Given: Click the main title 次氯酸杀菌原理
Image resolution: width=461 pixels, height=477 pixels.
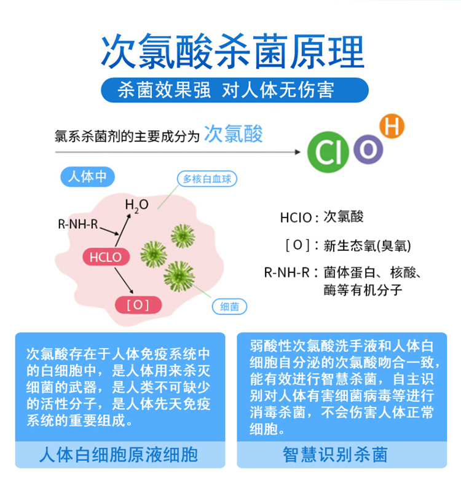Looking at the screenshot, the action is point(233,51).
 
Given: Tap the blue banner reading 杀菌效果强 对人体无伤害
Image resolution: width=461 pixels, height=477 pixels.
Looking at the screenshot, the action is point(235,90).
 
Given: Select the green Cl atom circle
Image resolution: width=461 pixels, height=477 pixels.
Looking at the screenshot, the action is point(328,152).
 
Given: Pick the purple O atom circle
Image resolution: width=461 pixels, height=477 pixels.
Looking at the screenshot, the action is point(368,149).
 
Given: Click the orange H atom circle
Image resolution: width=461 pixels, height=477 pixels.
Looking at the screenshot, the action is point(392,126).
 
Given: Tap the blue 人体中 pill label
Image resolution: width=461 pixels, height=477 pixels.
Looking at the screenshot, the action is point(87,177).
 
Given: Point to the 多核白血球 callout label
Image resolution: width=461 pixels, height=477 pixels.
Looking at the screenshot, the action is point(207,179).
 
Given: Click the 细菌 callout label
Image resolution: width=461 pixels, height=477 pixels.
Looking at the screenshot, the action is point(229,307).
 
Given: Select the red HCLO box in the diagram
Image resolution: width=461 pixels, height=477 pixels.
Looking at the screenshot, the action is point(106,257).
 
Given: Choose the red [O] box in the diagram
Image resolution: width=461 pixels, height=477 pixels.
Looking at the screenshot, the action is point(138,305).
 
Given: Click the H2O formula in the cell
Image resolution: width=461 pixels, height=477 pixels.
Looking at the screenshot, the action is point(137,205).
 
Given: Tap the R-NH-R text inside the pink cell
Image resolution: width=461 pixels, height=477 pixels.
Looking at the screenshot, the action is point(78,224).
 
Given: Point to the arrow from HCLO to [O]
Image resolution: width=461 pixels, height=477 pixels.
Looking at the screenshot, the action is point(124,280).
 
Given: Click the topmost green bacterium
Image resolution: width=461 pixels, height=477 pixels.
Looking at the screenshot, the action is point(183,236).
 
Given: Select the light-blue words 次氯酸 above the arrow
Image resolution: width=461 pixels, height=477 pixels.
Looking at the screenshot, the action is point(234,134).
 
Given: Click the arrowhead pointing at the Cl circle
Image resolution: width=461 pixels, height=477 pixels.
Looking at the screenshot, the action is point(297,152).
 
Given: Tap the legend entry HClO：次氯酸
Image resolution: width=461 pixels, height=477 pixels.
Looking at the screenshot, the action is point(321,217).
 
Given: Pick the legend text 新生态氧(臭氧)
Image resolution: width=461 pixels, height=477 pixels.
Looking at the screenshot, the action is point(367,246).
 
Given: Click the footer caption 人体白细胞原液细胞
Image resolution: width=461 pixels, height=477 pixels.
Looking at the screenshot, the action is point(119,455).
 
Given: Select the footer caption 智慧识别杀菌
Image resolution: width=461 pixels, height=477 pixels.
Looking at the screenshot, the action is point(336,455).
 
